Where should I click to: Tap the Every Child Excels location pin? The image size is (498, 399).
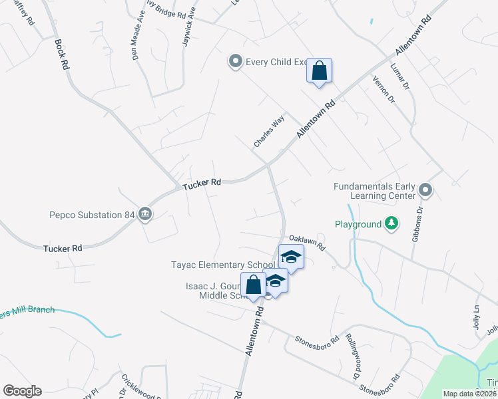(234, 62)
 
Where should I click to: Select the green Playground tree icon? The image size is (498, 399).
(393, 224)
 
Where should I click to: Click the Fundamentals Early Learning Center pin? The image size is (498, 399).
(426, 192)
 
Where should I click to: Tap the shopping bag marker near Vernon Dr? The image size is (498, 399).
(319, 71)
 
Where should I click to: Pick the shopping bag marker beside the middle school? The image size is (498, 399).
(254, 285)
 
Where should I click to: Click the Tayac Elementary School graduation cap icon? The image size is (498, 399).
(290, 257)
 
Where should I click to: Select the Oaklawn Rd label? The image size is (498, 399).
(306, 241)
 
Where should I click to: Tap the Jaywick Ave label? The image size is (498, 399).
(189, 27)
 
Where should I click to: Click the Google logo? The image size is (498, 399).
(22, 391)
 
